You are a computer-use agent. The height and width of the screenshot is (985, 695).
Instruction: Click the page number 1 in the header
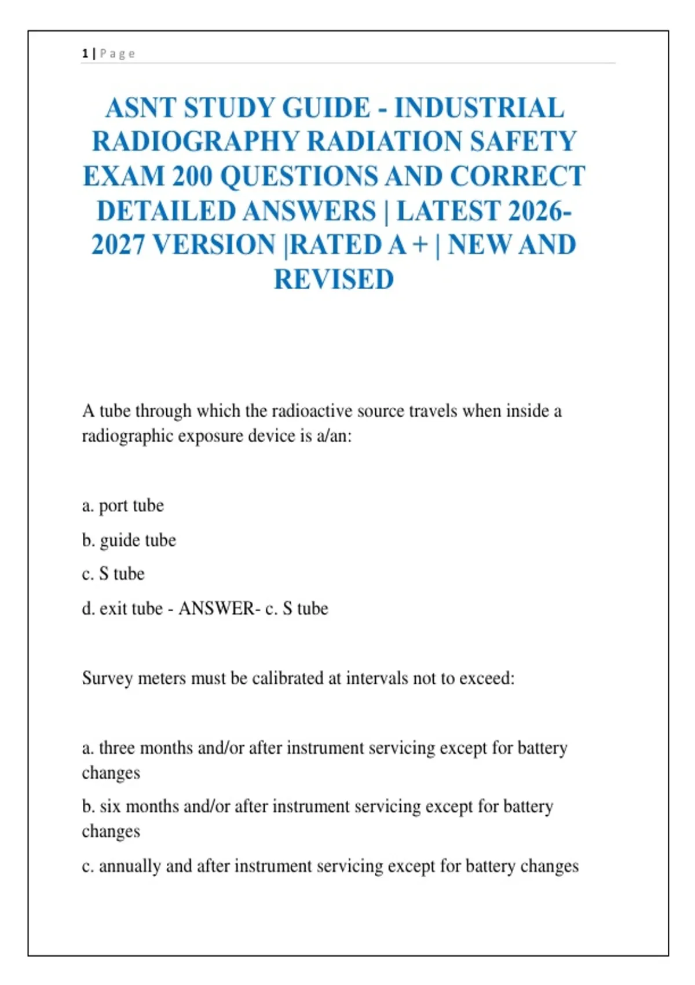85,54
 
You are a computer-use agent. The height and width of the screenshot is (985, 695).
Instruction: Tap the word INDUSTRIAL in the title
479,108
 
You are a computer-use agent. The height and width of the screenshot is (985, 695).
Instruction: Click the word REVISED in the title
334,279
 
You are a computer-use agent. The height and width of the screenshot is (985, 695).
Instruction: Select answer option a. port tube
123,506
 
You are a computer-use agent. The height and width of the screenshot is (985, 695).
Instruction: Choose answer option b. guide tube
129,541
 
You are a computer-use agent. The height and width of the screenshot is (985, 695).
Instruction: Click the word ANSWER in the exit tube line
216,608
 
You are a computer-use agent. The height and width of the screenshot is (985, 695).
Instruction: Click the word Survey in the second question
107,678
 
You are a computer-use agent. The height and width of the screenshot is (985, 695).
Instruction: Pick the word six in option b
110,807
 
